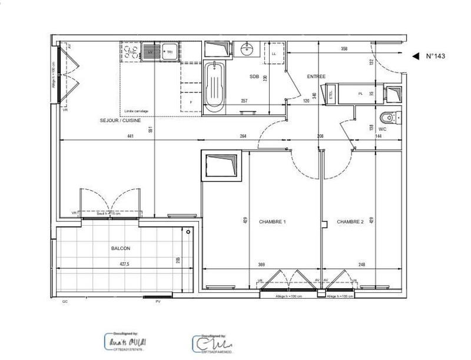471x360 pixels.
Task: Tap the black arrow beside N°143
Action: tap(415, 56)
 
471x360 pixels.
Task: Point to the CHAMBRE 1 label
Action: tap(272, 222)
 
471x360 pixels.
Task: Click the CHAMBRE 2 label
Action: tap(350, 222)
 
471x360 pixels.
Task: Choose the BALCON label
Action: tap(120, 249)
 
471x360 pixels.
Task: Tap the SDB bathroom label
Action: tap(254, 77)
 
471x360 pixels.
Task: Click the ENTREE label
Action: tap(316, 77)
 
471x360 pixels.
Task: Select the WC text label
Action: tap(382, 128)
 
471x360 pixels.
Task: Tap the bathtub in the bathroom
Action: tap(214, 88)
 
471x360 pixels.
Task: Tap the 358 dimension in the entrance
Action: tap(344, 49)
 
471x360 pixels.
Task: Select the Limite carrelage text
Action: tap(137, 111)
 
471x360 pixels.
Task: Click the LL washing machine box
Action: tap(274, 53)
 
